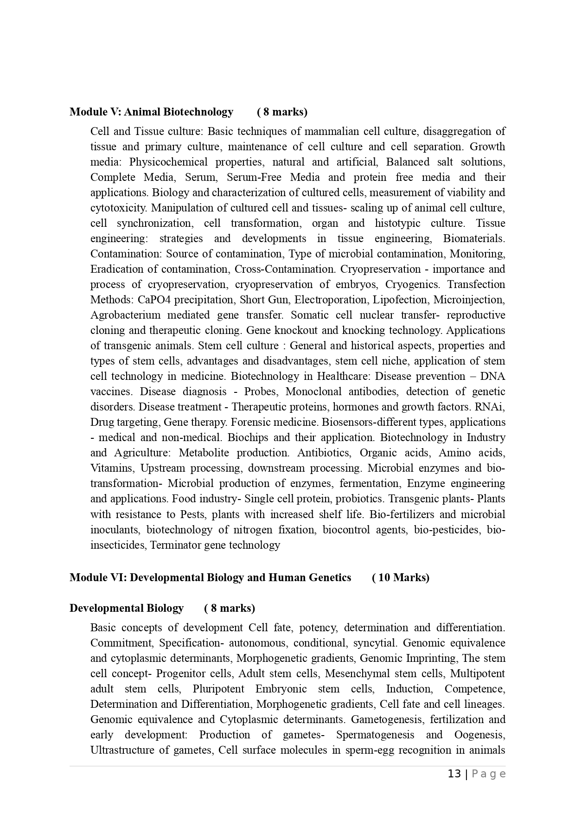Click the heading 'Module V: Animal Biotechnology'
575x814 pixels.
point(151,112)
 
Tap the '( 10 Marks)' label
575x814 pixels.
point(401,577)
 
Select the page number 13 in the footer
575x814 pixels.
point(454,774)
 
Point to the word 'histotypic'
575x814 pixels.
point(398,223)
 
